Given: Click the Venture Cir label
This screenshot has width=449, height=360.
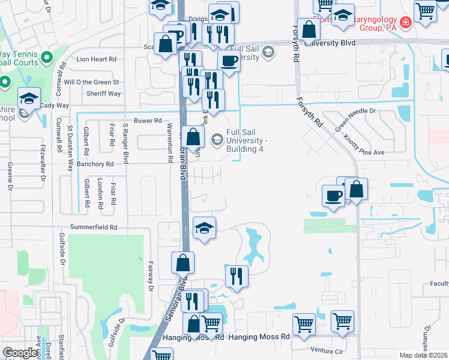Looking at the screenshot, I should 327,350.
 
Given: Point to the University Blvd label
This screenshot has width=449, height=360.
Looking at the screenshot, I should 330,43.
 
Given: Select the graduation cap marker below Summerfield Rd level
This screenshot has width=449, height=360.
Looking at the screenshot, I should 205,229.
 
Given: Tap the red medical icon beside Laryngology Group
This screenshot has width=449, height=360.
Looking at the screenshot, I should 406,22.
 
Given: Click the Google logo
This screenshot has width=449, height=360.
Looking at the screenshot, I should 20,352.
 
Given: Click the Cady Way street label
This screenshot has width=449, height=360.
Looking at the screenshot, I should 55,106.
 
